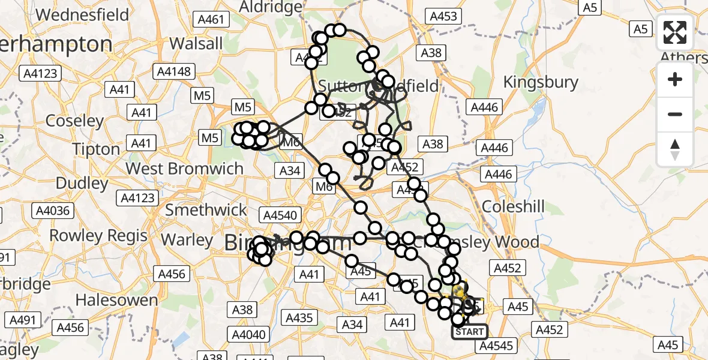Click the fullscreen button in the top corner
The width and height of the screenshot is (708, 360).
675,32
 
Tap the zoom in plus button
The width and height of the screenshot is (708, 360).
675,80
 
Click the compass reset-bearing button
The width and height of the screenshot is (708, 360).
675,149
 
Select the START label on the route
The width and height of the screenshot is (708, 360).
469,332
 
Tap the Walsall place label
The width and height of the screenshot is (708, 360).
196,43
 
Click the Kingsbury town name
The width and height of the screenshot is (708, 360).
541,82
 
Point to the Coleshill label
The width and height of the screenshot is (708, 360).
513,207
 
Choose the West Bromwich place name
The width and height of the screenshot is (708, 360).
185,168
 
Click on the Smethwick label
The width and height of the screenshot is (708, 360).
206,210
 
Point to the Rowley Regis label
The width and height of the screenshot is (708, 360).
98,235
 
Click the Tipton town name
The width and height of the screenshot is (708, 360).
97,149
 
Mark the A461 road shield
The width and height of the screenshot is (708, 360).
212,20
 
